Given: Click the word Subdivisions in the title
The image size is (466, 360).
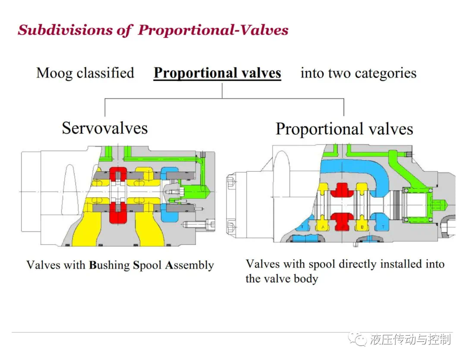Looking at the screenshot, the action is (x=65, y=30).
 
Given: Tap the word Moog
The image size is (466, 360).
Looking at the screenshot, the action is (x=54, y=73).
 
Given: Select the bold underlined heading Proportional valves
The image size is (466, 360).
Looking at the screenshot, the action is (x=217, y=73).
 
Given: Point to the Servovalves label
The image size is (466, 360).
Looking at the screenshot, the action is (x=104, y=128).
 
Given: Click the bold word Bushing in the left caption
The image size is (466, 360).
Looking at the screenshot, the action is (x=109, y=265).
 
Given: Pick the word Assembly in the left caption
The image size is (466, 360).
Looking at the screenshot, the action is (x=189, y=265).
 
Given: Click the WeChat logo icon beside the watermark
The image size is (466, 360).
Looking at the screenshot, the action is (x=358, y=339).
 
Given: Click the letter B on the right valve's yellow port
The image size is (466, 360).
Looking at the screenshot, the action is (x=362, y=227).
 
